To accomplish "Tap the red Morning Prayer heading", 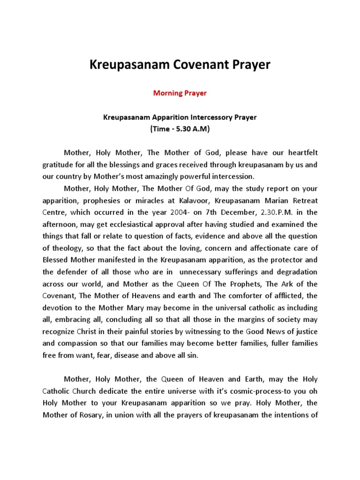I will click(x=180, y=93).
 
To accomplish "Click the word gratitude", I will click(x=58, y=165).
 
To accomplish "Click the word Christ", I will click(x=89, y=331).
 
